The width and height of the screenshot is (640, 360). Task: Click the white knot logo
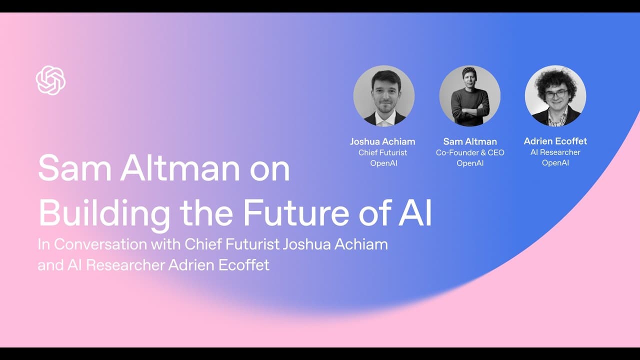(x=50, y=80)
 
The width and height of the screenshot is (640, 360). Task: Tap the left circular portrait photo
(x=384, y=96)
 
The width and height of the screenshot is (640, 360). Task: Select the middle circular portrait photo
(x=469, y=96)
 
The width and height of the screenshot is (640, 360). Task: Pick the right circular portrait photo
(x=555, y=96)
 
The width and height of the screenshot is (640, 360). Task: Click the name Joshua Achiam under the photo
(x=382, y=141)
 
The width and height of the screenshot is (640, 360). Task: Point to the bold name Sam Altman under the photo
(x=470, y=141)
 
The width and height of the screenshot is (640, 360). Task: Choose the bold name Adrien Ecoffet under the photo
(x=555, y=141)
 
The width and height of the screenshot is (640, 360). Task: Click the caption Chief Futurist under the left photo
(x=382, y=152)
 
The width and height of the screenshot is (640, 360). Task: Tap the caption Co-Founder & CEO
(x=470, y=152)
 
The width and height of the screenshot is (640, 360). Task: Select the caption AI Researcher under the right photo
(x=555, y=152)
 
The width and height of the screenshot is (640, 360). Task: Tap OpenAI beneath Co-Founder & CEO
(x=470, y=163)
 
